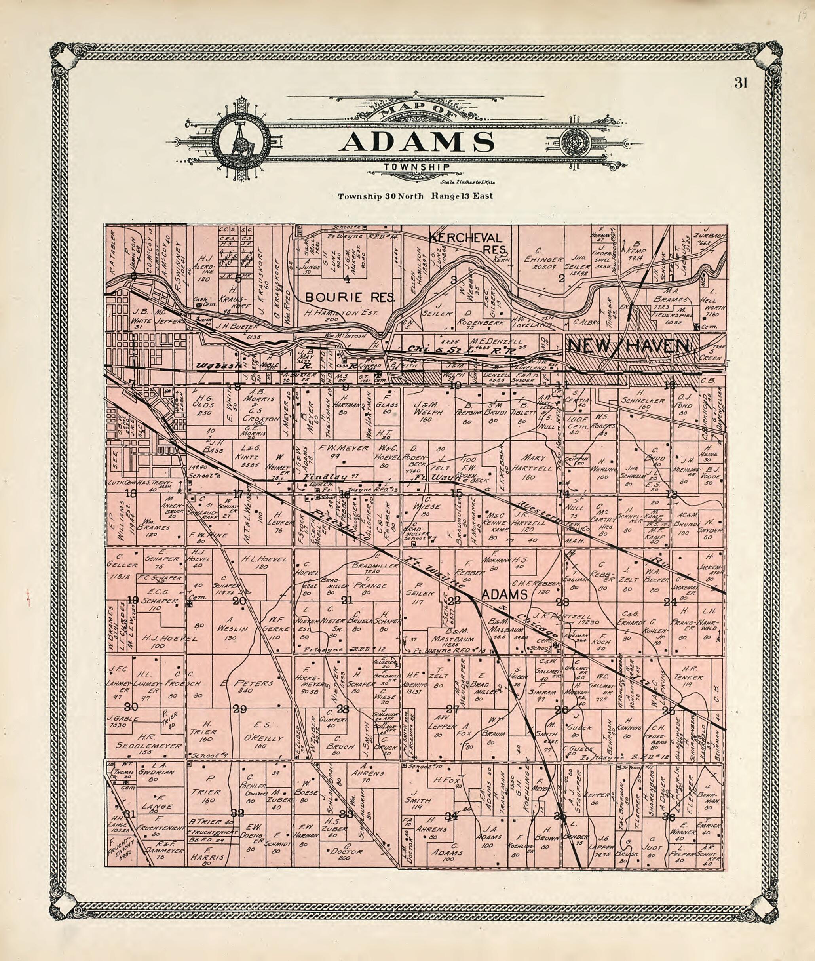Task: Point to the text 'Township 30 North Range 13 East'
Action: (x=415, y=196)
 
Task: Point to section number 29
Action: (x=240, y=709)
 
